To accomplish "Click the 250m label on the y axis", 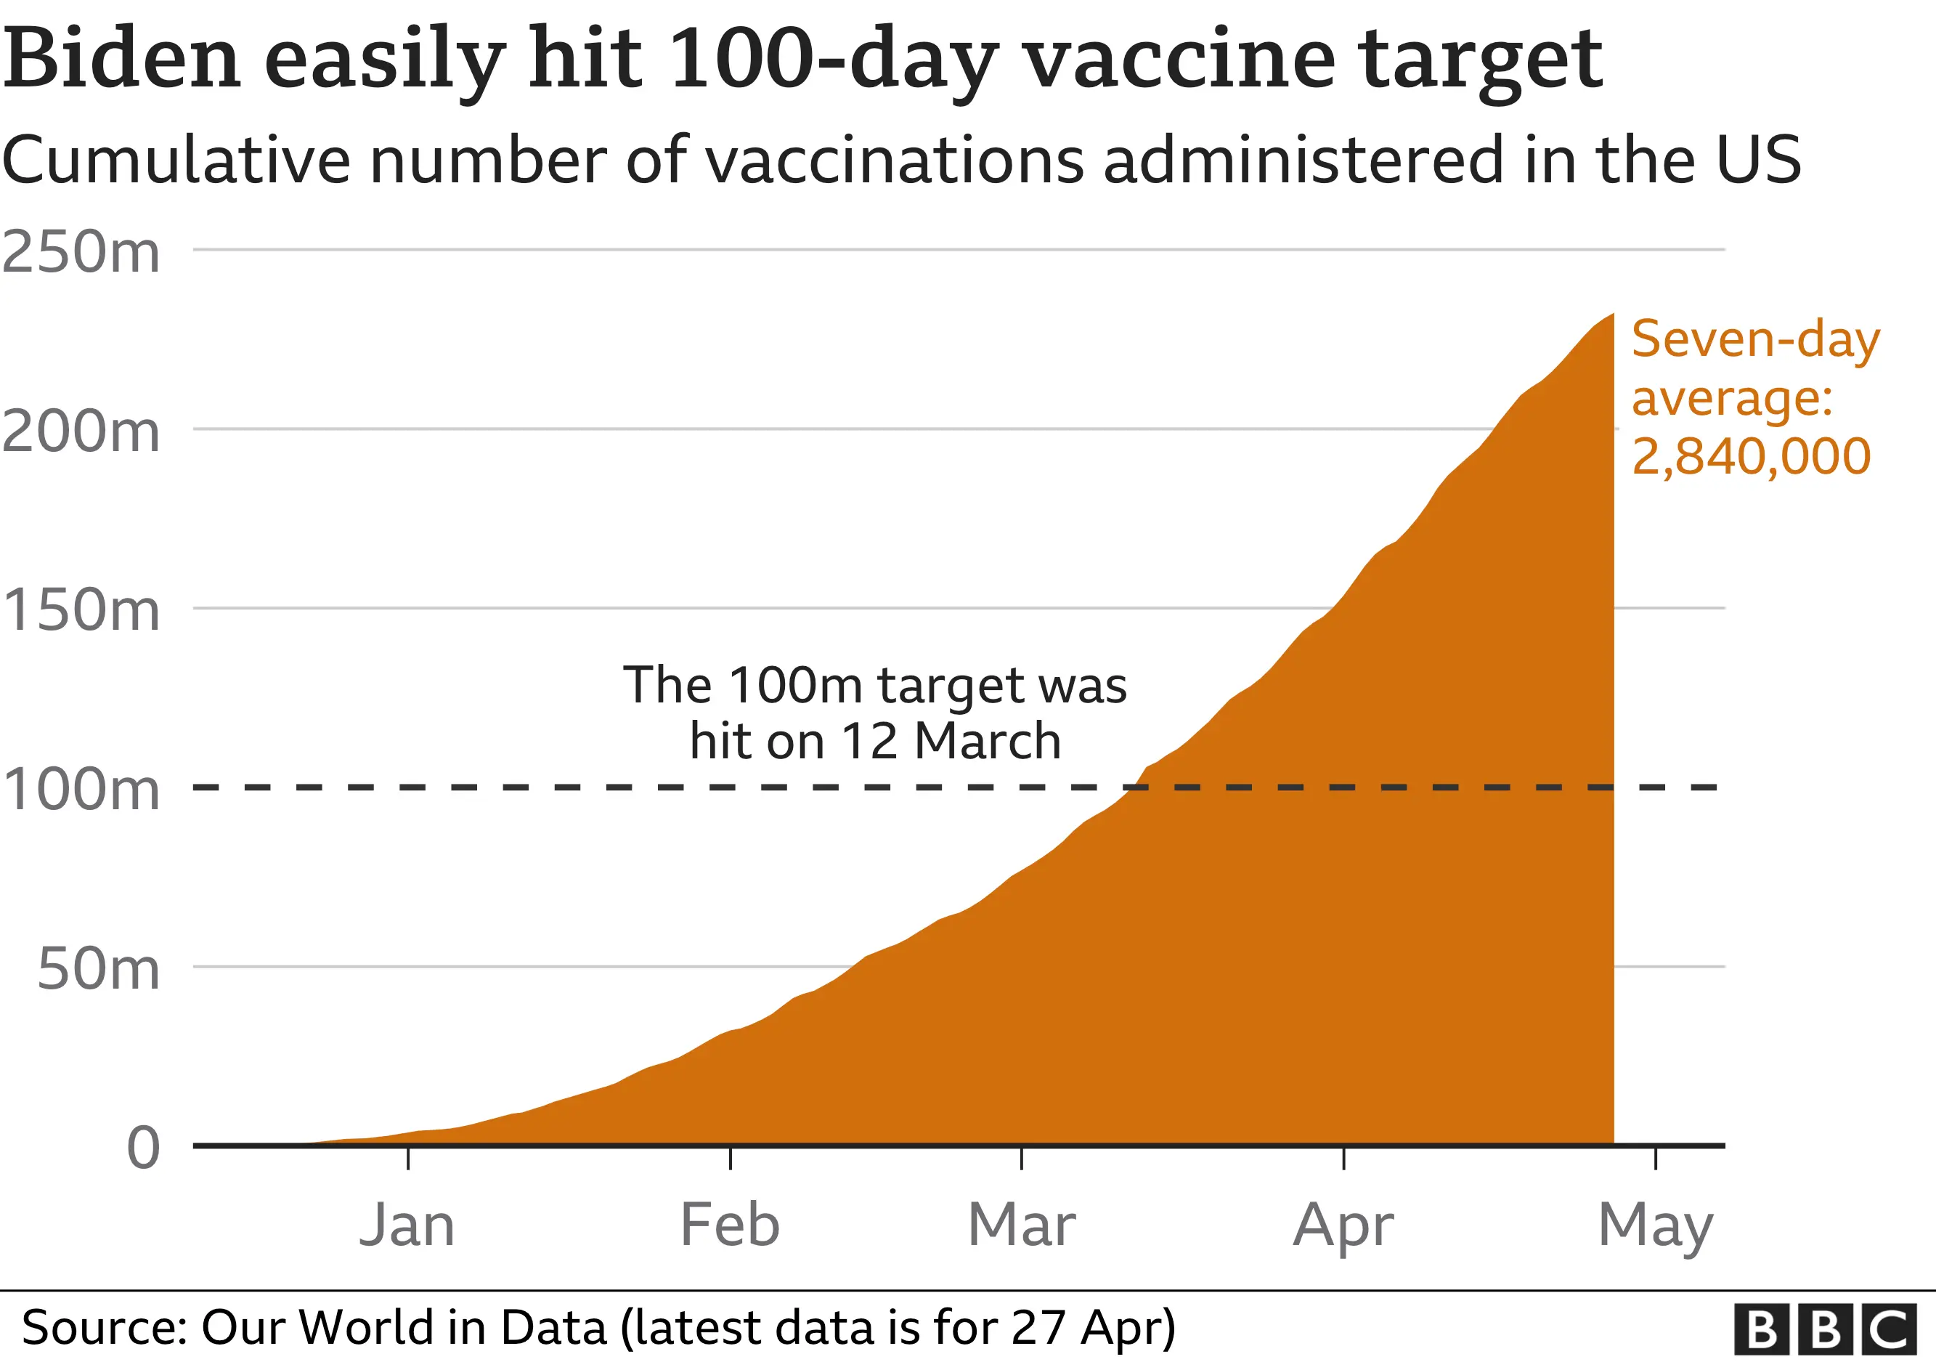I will pyautogui.click(x=81, y=251).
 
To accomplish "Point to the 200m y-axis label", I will pyautogui.click(x=81, y=431).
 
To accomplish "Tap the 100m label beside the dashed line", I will pyautogui.click(x=81, y=790).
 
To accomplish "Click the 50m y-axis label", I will pyautogui.click(x=98, y=969).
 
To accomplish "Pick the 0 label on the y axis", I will pyautogui.click(x=142, y=1148).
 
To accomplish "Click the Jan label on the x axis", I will pyautogui.click(x=407, y=1225).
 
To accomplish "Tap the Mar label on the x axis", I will pyautogui.click(x=1021, y=1225).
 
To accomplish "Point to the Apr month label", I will pyautogui.click(x=1343, y=1226).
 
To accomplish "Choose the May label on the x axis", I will pyautogui.click(x=1655, y=1226).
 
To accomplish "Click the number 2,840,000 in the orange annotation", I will pyautogui.click(x=1752, y=456).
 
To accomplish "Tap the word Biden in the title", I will pyautogui.click(x=122, y=59).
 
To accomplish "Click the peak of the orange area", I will pyautogui.click(x=1611, y=315).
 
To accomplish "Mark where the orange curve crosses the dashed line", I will pyautogui.click(x=1130, y=787).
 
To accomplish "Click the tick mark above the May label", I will pyautogui.click(x=1655, y=1158).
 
